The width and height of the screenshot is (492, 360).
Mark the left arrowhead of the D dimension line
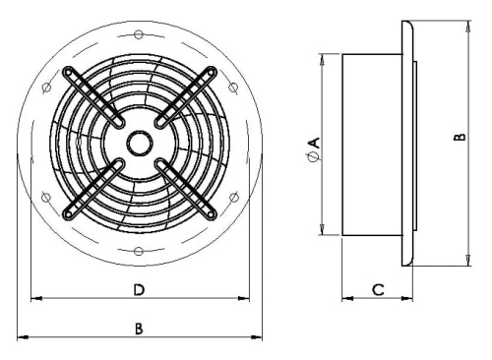pyautogui.click(x=35, y=297)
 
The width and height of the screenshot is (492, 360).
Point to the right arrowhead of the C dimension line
pyautogui.click(x=407, y=297)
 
